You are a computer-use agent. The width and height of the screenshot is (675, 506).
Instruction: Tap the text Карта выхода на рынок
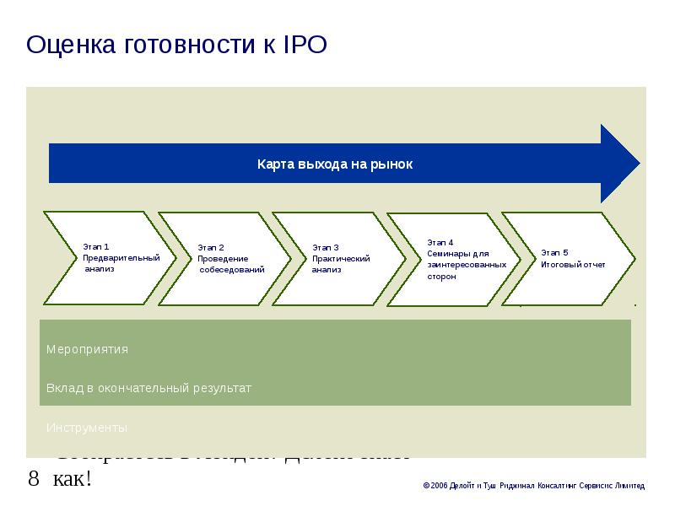pos(335,164)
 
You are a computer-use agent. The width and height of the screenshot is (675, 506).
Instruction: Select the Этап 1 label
pos(96,246)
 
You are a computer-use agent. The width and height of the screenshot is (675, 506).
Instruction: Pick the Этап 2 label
pos(211,247)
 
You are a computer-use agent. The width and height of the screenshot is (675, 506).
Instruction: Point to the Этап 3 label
pos(326,247)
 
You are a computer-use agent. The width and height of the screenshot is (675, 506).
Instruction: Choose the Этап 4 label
pos(440,242)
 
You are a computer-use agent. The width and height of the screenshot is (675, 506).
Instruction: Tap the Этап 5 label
pos(555,252)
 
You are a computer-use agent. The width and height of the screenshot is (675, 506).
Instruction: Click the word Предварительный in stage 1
pos(121,257)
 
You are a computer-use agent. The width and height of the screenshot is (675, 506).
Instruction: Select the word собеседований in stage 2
pos(233,270)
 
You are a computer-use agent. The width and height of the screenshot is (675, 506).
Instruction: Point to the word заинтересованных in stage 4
pos(467,264)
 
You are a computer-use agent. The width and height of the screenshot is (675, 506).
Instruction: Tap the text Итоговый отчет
pos(574,264)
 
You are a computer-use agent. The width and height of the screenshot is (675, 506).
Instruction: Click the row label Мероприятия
pos(88,348)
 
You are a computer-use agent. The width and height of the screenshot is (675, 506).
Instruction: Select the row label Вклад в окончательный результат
pos(149,388)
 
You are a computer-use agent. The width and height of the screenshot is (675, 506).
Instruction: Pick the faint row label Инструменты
pos(88,428)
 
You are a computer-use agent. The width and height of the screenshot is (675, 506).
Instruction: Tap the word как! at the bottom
pos(71,480)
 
